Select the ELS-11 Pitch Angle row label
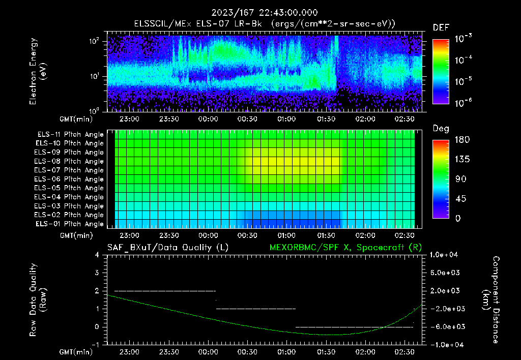tap(70, 134)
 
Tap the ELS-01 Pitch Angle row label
tap(70, 224)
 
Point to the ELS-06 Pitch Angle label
tap(70, 179)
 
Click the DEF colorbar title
tap(441, 27)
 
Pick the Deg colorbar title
tap(441, 129)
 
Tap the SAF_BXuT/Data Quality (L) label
tap(167, 248)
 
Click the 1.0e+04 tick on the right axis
tap(445, 254)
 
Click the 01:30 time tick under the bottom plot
tap(326, 352)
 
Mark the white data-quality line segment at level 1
tap(256, 309)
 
